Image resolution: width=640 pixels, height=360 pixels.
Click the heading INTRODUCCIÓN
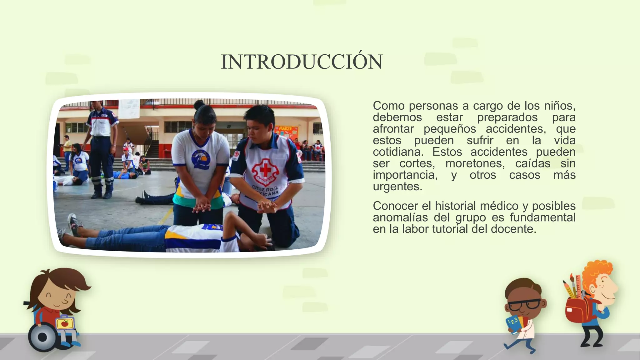302,62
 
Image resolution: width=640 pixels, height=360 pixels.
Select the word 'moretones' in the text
475,163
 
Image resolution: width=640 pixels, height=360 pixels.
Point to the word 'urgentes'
397,187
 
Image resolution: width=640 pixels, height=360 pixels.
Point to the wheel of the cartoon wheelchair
42,337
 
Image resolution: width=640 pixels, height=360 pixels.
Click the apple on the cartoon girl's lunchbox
65,323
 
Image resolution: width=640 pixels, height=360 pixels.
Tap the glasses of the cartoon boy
525,304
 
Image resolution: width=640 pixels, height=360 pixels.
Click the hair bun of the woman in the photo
199,104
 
